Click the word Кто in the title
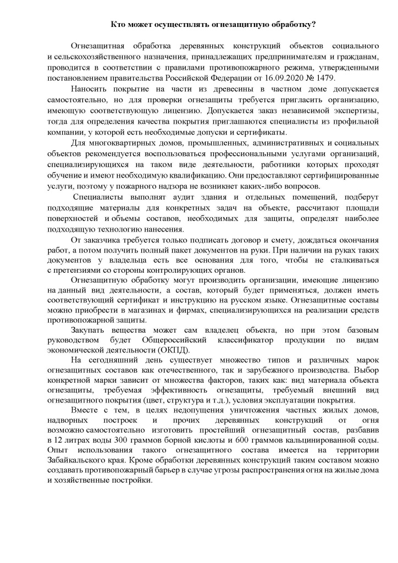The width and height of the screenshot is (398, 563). (119, 25)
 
